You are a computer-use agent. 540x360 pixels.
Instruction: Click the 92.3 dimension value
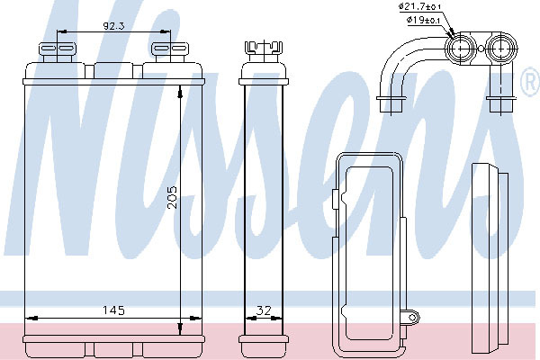click(x=113, y=26)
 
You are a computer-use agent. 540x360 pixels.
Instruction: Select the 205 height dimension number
click(x=172, y=197)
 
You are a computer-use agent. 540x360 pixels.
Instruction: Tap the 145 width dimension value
click(x=113, y=310)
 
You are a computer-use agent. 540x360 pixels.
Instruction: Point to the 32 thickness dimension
click(x=264, y=310)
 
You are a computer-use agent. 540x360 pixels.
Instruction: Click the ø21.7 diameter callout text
click(x=419, y=6)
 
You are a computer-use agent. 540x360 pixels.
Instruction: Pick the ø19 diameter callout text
click(x=424, y=20)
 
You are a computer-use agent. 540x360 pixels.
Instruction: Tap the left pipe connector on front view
click(x=58, y=51)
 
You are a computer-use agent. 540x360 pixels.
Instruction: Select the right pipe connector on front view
click(x=170, y=51)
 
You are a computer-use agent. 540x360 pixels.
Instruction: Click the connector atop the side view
click(x=264, y=50)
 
